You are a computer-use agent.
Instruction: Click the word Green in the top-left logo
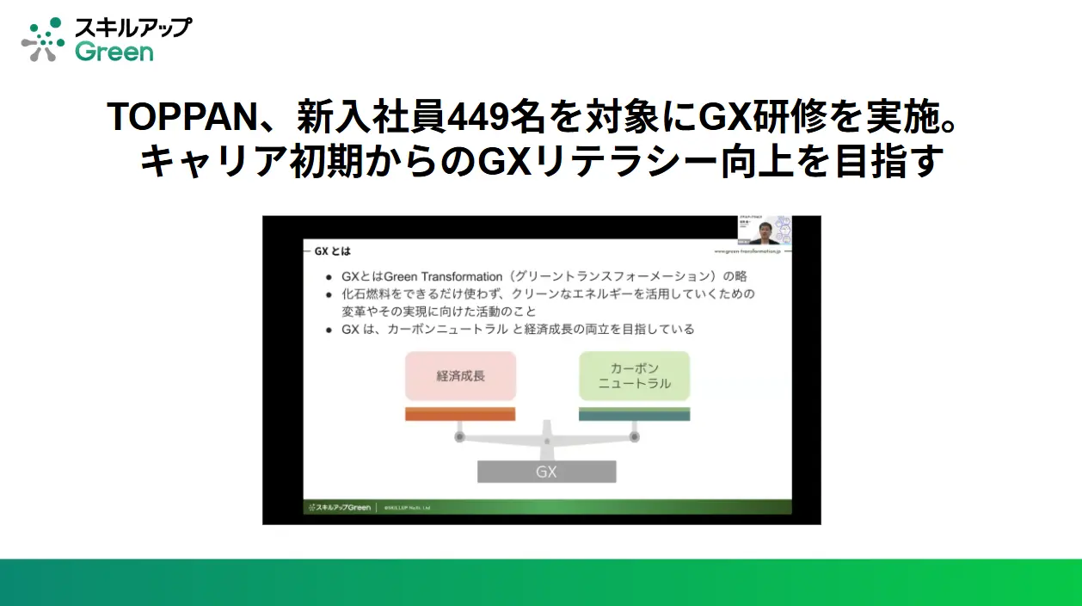coord(114,52)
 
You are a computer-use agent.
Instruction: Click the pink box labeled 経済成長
coord(460,376)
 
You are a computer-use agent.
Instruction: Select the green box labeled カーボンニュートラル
coord(634,375)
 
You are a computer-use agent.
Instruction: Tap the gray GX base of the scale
coord(546,472)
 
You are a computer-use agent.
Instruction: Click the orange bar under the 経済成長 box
coord(460,414)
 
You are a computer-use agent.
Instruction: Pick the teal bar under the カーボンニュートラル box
coord(634,414)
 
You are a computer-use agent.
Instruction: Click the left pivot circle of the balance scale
coord(459,437)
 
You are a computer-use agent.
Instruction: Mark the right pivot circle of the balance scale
coord(635,437)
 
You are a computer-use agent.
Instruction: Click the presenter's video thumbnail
coord(764,230)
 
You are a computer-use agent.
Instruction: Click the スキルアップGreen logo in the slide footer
coord(338,507)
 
